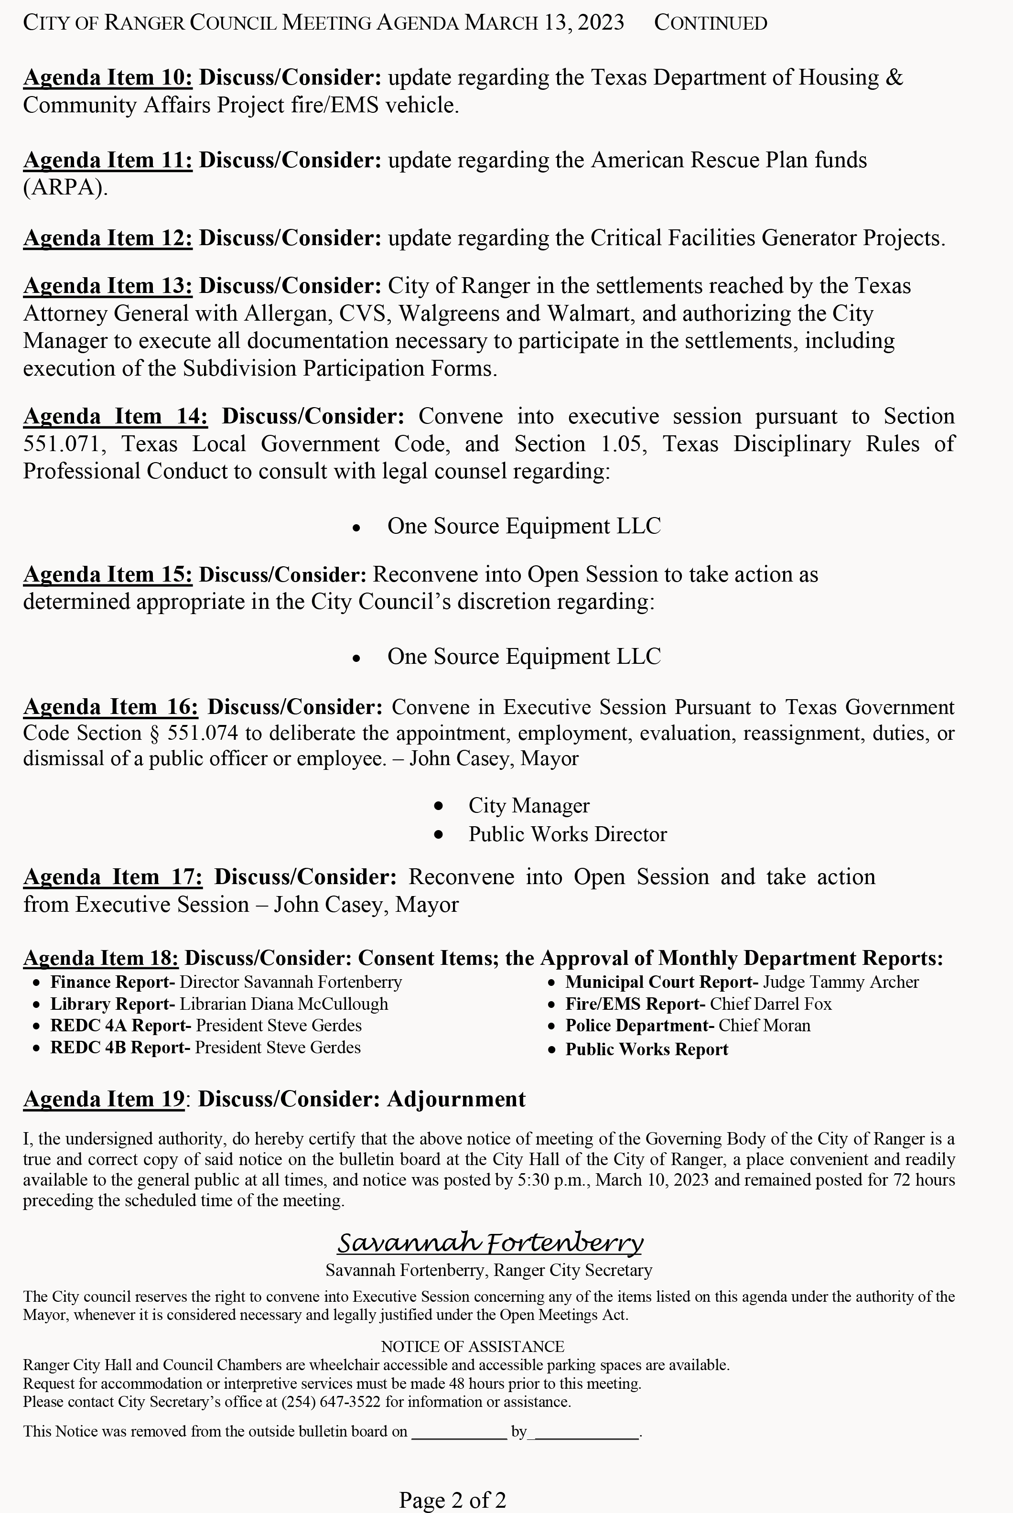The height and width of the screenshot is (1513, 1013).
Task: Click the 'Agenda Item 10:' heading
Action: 108,77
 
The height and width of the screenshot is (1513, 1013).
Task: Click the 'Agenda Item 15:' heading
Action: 108,574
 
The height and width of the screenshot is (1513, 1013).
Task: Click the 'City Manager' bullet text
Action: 528,806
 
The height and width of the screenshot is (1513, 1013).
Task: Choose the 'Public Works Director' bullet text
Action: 567,834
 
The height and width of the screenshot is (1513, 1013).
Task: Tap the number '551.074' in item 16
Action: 202,733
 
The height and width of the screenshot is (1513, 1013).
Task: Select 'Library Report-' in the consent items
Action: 112,1004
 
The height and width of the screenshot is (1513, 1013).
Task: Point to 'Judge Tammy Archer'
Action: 841,982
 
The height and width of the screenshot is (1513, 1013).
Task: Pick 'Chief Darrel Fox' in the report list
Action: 771,1004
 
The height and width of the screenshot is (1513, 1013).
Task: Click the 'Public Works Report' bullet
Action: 647,1049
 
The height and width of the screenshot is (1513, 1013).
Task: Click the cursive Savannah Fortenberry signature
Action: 490,1243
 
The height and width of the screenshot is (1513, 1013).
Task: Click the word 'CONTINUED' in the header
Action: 711,23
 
